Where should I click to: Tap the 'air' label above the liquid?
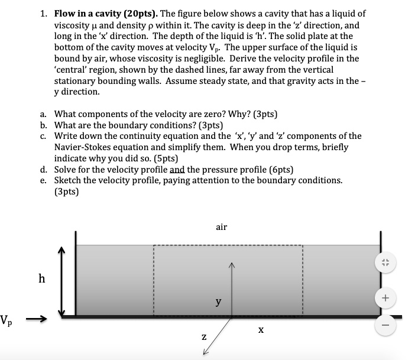click(x=222, y=226)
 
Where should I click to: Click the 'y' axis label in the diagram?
click(x=218, y=301)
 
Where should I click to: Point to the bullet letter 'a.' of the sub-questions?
click(x=44, y=113)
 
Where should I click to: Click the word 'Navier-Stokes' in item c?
click(x=82, y=147)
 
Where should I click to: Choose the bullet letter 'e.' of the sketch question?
click(x=44, y=180)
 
